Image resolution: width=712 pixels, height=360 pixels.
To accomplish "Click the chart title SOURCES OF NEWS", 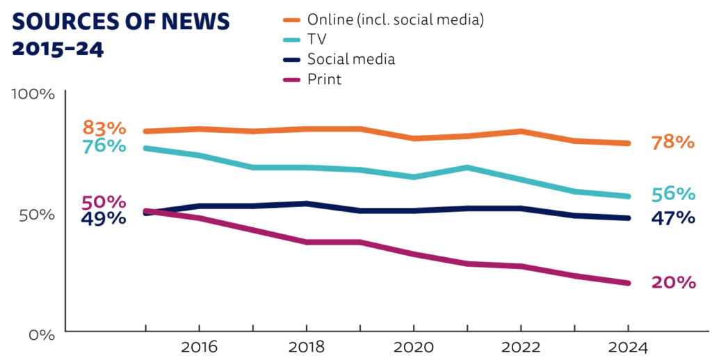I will click(x=121, y=22).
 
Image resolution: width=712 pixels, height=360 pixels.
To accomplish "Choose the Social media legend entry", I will click(x=350, y=59).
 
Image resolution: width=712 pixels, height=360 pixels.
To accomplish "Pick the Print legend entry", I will click(x=324, y=79).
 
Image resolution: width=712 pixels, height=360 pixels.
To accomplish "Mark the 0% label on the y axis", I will click(x=42, y=334).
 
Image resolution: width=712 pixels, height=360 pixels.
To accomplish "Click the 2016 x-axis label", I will click(x=199, y=347).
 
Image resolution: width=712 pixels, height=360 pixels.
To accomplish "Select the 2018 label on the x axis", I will click(x=306, y=347).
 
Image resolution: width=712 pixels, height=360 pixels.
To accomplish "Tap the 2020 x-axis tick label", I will click(x=414, y=347).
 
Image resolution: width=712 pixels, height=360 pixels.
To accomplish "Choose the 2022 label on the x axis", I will click(x=521, y=347).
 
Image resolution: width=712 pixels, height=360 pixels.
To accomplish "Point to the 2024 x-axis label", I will click(x=628, y=347).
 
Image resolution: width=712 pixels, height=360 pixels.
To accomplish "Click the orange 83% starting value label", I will click(x=104, y=128).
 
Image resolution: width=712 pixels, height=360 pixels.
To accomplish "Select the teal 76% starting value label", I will click(x=104, y=147).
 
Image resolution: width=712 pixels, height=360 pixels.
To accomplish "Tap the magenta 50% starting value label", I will click(x=104, y=202).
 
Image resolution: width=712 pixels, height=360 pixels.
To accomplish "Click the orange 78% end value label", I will click(x=673, y=142).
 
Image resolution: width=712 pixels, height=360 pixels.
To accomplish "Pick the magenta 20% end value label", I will click(x=673, y=282).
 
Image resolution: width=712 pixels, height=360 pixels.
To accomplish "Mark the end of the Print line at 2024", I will click(x=628, y=283).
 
